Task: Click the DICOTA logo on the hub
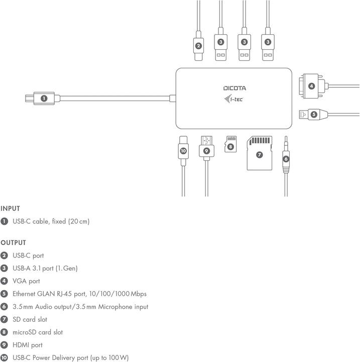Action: point(234,88)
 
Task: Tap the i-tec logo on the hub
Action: point(234,99)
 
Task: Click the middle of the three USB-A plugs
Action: point(244,46)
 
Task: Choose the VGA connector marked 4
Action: point(312,86)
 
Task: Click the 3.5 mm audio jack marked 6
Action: point(286,158)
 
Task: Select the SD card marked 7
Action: point(259,154)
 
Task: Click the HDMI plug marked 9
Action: point(206,149)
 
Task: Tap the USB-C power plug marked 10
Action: point(183,150)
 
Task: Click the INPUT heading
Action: point(10,208)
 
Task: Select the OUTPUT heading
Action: point(13,242)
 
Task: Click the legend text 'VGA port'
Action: point(26,281)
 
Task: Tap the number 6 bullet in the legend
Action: point(4,307)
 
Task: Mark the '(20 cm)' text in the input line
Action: point(79,221)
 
